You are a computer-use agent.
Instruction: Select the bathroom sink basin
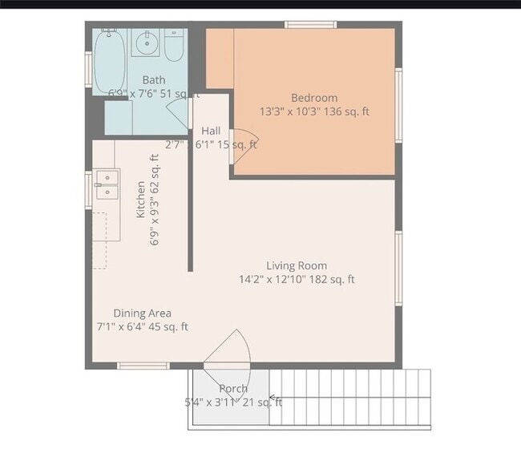[x=146, y=43]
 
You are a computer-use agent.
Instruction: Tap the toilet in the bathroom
[x=174, y=47]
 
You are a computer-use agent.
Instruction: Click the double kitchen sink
[x=106, y=184]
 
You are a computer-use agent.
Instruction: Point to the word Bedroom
[x=314, y=98]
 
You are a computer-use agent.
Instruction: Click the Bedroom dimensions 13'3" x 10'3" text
[x=314, y=112]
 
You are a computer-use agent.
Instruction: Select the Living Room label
[x=297, y=265]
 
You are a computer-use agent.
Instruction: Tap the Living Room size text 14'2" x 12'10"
[x=297, y=280]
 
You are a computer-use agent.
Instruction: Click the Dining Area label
[x=142, y=313]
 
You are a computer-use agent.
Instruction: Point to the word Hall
[x=212, y=131]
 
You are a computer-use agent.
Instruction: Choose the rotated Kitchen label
[x=140, y=199]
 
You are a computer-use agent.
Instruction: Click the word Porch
[x=233, y=388]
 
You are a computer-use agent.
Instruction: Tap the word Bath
[x=154, y=79]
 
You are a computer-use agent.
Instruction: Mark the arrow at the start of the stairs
[x=274, y=397]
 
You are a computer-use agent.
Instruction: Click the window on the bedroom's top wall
[x=309, y=25]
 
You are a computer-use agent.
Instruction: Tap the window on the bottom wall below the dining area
[x=143, y=366]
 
